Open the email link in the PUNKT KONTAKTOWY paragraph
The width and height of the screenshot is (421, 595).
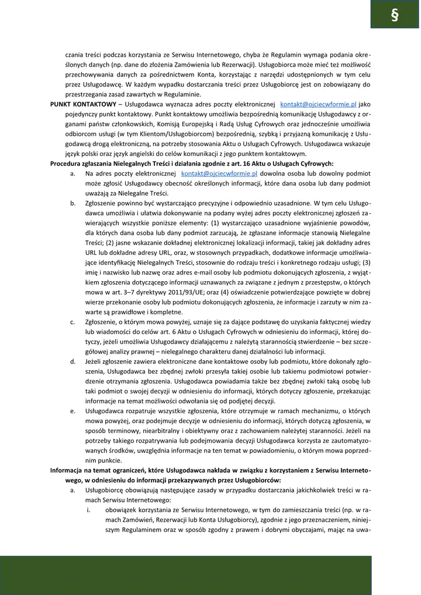click(x=319, y=103)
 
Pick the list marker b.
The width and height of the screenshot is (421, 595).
click(x=73, y=203)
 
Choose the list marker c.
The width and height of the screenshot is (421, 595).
click(x=73, y=322)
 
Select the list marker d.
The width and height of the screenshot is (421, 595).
click(x=73, y=362)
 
